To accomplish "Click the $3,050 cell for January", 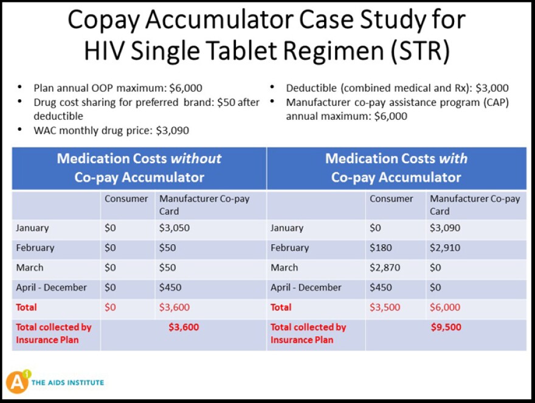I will [173, 228].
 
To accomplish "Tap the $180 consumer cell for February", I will [381, 248].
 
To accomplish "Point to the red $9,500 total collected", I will [446, 328].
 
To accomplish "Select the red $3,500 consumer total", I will [385, 307].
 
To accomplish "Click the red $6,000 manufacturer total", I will [445, 307].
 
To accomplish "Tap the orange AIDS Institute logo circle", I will [18, 382].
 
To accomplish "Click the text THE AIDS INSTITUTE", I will [67, 383].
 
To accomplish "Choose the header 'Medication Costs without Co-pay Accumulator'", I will [139, 168].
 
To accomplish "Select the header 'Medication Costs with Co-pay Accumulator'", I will [396, 168].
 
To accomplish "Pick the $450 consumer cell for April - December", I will [381, 287].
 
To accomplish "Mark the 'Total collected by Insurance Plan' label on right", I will [308, 333].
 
